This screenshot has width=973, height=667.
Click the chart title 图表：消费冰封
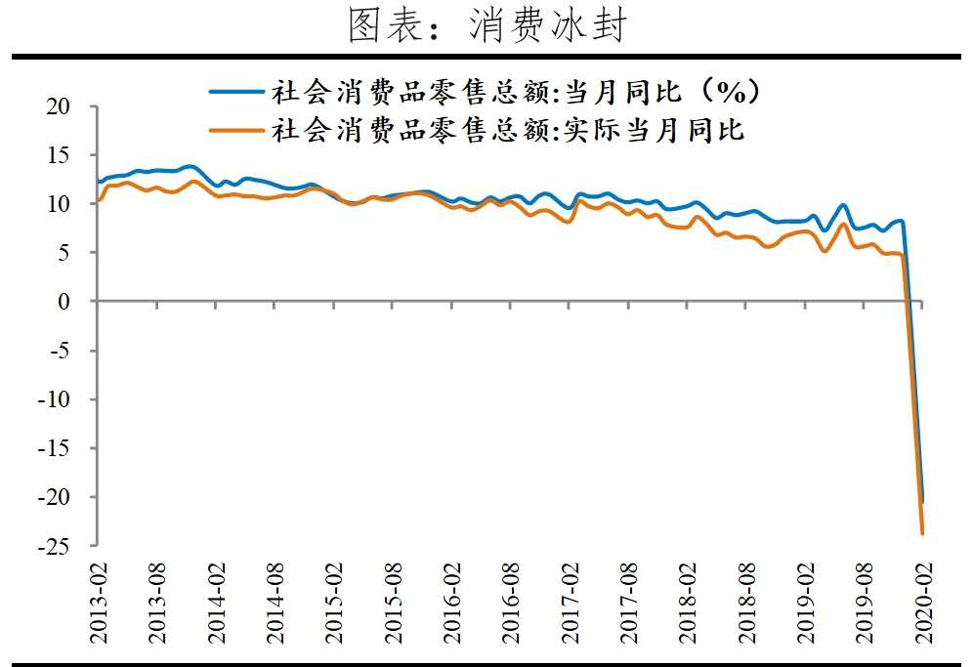tap(486, 26)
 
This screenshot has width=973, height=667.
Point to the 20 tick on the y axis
tap(60, 106)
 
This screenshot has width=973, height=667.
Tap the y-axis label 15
tap(60, 155)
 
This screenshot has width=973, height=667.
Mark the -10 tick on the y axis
tap(56, 399)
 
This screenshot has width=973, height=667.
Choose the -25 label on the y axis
tap(56, 546)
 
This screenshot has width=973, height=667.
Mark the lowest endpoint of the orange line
tap(922, 533)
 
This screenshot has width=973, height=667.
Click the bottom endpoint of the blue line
tap(921, 501)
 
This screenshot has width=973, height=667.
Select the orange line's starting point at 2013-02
tap(99, 200)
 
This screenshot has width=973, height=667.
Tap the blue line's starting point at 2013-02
tap(99, 182)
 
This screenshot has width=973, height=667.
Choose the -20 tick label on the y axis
tap(56, 497)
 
